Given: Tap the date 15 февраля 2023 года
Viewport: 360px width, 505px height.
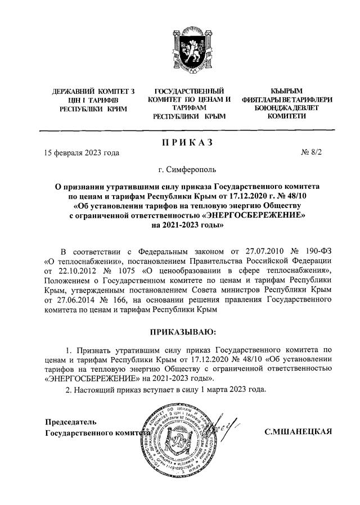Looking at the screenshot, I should [x=82, y=152].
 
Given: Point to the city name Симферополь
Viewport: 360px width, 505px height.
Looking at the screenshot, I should [x=195, y=168].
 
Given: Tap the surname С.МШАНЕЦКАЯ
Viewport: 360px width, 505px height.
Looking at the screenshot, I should [x=299, y=431].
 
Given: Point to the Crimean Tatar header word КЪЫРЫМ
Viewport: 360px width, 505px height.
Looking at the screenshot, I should [x=286, y=91].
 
